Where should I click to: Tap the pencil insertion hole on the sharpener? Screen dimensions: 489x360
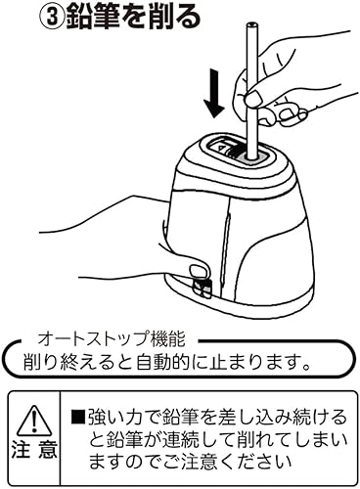pos(248,153)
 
